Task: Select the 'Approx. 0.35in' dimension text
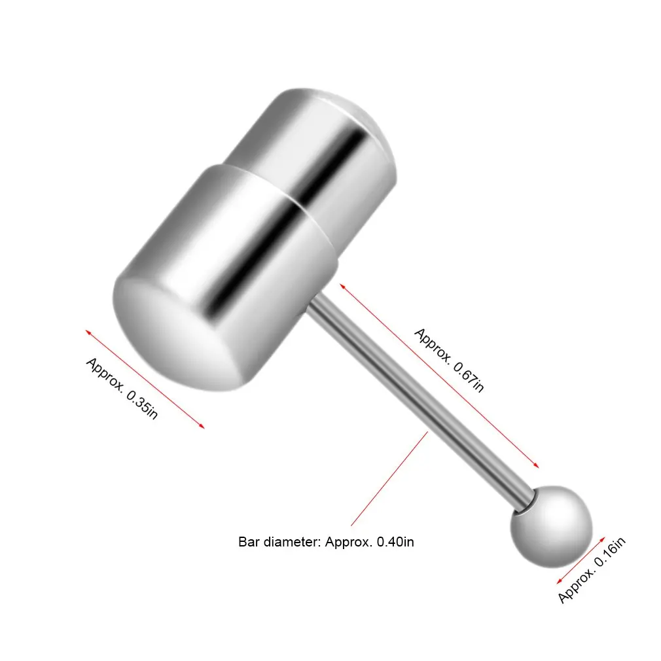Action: coord(122,389)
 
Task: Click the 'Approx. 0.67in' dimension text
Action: coord(450,360)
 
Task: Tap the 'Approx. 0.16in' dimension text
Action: coord(592,569)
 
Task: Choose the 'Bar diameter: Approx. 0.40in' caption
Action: coord(326,542)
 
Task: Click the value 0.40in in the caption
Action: coord(396,542)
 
